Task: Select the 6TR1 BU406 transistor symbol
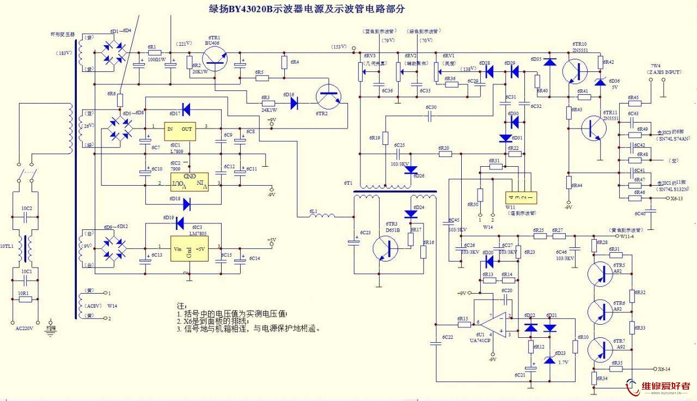[217, 58]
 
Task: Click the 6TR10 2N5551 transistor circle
[577, 71]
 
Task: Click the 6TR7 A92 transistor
[603, 349]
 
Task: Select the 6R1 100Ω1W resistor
[156, 54]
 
